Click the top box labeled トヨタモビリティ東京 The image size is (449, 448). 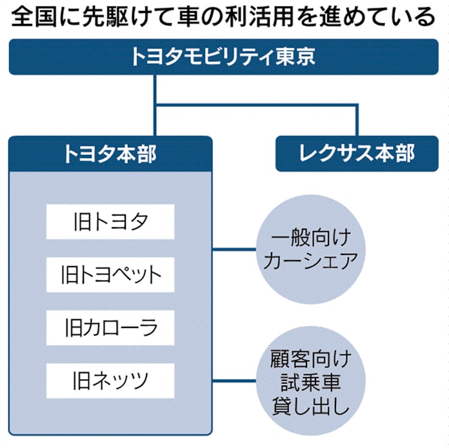tap(224, 56)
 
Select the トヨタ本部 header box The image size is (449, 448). tap(110, 154)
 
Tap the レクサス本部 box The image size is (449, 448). tap(357, 154)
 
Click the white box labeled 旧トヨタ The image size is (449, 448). tap(110, 221)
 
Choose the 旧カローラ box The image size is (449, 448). tap(110, 327)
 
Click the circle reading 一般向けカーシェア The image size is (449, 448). tap(312, 249)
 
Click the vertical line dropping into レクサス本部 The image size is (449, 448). tap(356, 119)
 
